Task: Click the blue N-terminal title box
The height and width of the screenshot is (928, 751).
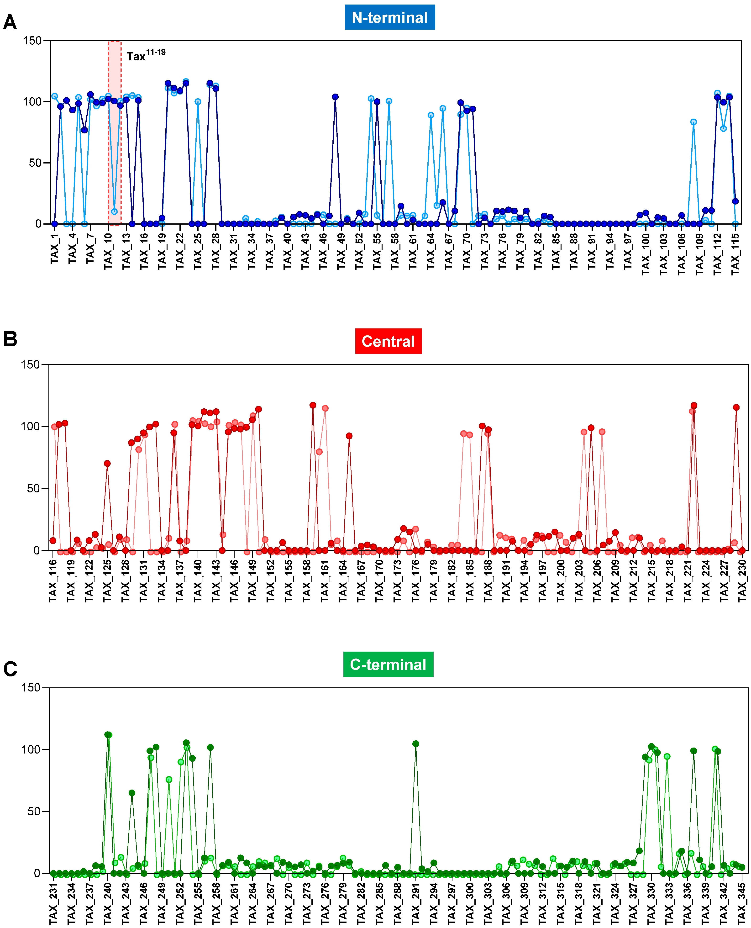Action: [x=389, y=17]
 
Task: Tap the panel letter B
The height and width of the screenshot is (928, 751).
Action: [x=10, y=339]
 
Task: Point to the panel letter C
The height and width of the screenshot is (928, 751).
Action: [x=10, y=669]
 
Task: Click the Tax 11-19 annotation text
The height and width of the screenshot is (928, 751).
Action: [x=146, y=55]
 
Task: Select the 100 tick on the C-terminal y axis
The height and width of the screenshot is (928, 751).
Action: [x=31, y=749]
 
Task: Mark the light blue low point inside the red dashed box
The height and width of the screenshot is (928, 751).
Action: [x=114, y=211]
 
